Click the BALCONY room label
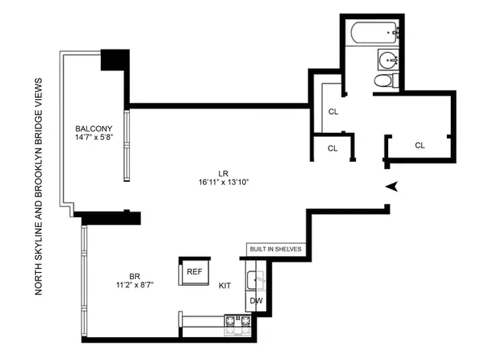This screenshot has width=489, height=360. (x=94, y=128)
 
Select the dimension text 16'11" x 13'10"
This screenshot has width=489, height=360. (x=222, y=182)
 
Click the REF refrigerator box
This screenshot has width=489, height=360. (x=193, y=271)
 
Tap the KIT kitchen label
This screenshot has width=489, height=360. (x=225, y=284)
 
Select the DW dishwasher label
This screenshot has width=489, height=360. (x=257, y=301)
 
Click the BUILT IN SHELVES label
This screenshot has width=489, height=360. (x=276, y=249)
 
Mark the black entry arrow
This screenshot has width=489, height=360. (x=393, y=186)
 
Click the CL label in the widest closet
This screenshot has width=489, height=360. (x=420, y=145)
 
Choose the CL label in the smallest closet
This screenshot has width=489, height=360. (x=333, y=148)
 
